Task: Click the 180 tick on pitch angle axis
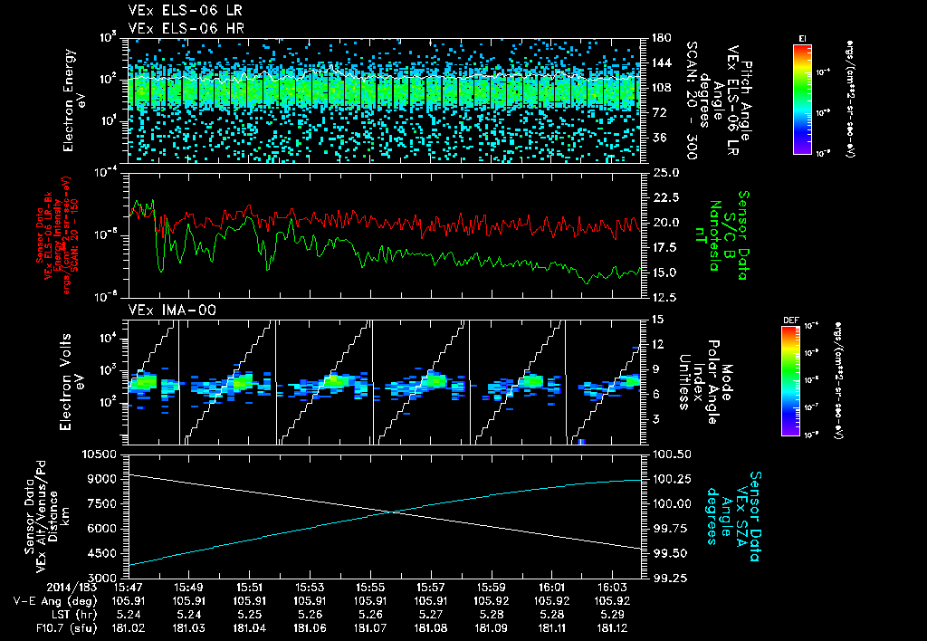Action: pos(659,37)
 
